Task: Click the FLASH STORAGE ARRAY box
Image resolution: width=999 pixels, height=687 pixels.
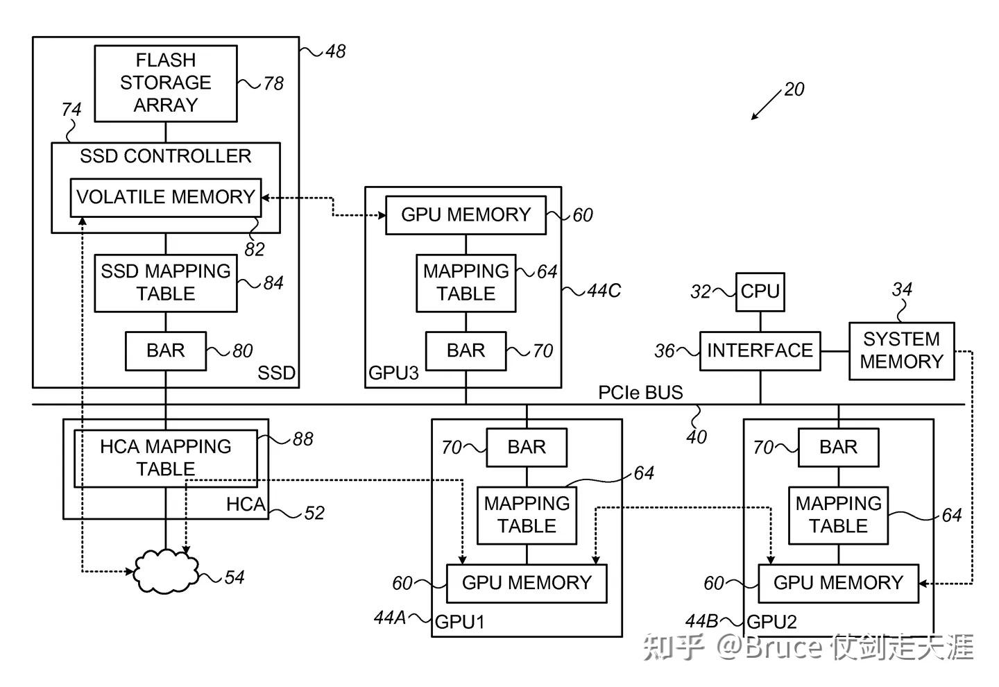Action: [166, 83]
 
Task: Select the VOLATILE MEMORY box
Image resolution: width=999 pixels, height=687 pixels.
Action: [166, 198]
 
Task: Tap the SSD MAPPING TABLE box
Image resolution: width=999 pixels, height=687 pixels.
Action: [166, 282]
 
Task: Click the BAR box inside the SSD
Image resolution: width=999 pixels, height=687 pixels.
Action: [166, 351]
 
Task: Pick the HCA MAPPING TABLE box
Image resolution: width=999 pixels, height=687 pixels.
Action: [166, 458]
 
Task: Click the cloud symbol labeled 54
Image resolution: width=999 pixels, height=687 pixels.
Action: [165, 571]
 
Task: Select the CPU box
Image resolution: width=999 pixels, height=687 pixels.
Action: [760, 291]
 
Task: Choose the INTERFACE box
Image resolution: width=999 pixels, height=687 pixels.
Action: [760, 351]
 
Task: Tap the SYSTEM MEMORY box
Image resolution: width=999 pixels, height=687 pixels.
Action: [901, 351]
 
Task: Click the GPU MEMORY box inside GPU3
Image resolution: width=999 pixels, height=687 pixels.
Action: [466, 215]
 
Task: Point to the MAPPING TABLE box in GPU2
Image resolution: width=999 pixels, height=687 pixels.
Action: [838, 515]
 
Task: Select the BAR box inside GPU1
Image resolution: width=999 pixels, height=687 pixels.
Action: [527, 448]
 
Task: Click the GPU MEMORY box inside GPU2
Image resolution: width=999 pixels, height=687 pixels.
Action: [838, 584]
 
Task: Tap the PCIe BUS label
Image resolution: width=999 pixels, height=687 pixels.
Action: [640, 393]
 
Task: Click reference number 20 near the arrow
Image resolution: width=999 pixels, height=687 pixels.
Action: [794, 90]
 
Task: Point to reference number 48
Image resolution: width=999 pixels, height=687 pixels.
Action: [335, 51]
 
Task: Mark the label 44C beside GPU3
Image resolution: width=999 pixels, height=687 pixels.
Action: [604, 291]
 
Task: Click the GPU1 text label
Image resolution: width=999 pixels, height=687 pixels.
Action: [459, 622]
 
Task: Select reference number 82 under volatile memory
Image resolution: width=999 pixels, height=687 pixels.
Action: [255, 249]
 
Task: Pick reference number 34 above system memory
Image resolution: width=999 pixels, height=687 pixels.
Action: [902, 289]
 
